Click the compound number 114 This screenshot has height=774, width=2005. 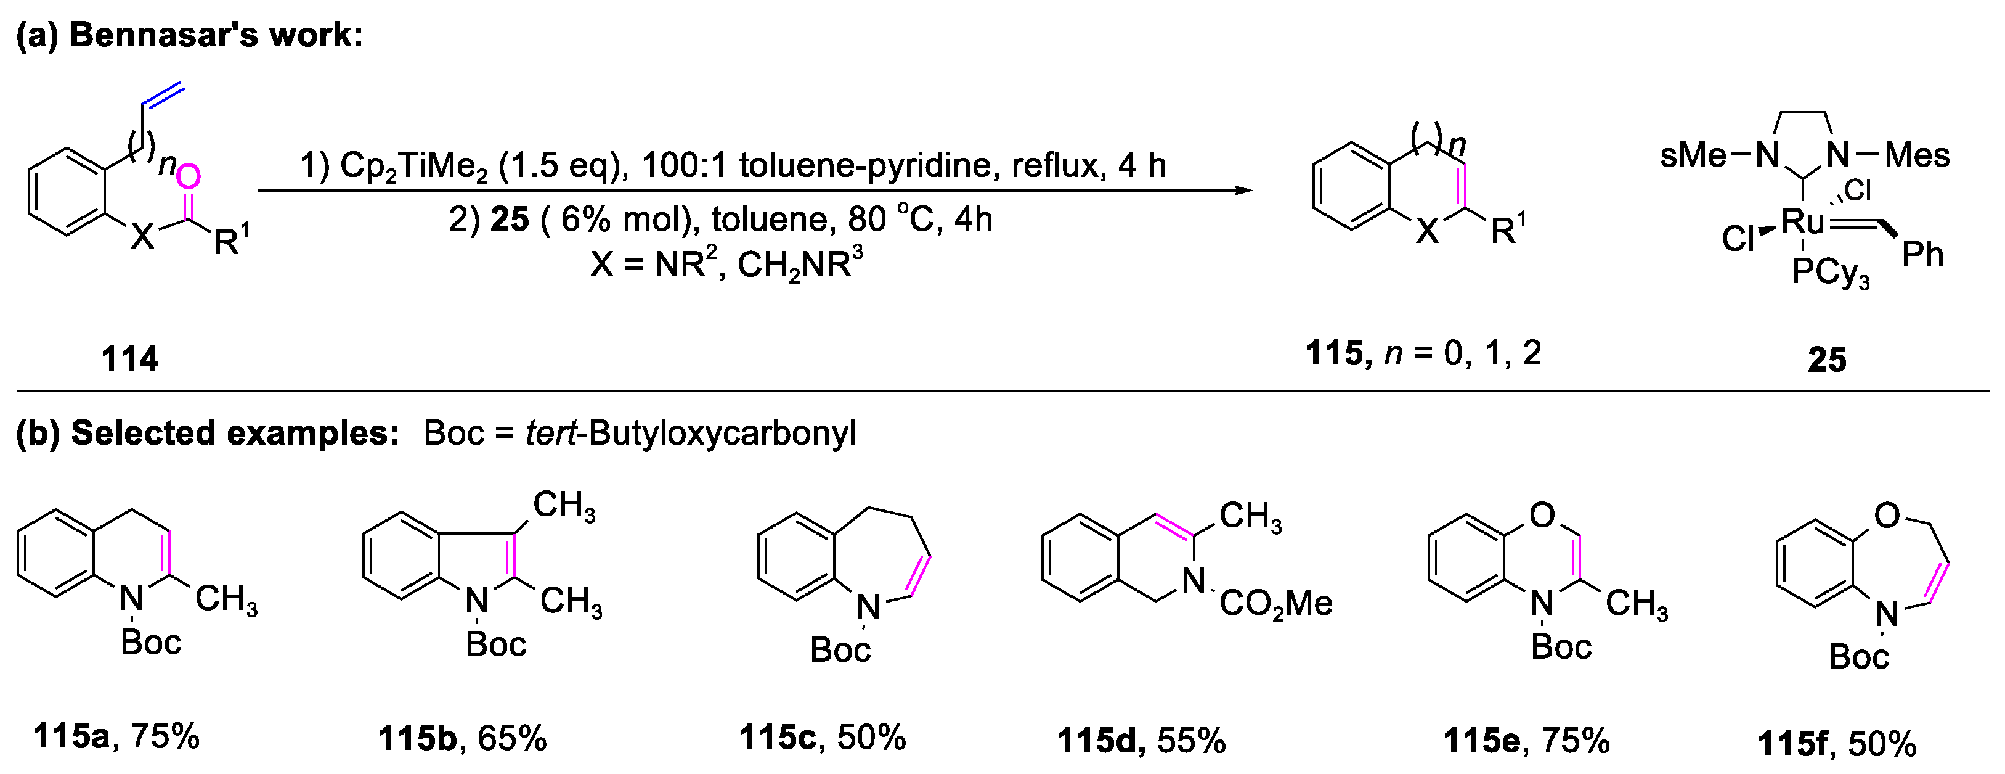[x=130, y=359]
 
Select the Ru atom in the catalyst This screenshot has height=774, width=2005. [x=1803, y=222]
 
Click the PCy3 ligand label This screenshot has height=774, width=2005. [x=1829, y=273]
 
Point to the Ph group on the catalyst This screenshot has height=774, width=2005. [x=1922, y=255]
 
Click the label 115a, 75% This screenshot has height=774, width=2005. [x=116, y=736]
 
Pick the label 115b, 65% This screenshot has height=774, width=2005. [x=462, y=739]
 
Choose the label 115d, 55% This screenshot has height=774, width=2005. [x=1141, y=741]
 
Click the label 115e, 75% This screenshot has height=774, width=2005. [x=1526, y=741]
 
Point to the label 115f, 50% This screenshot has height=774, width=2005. [x=1837, y=744]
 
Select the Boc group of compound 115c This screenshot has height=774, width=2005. [x=840, y=650]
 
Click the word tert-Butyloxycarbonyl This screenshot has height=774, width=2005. [x=690, y=432]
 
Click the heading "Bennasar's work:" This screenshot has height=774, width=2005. [x=216, y=35]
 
